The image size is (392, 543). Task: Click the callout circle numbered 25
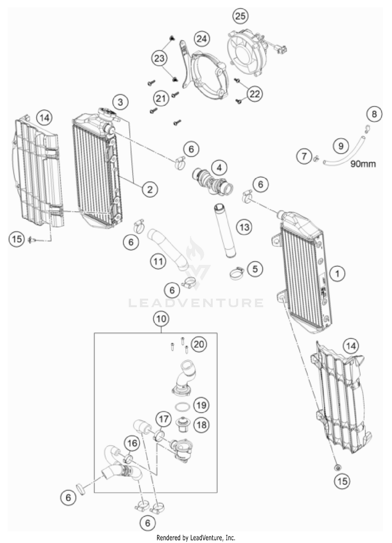pos(240,16)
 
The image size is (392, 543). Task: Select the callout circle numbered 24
pos(202,39)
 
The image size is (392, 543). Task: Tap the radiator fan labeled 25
pos(244,53)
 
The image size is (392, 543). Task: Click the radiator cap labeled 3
pos(107,113)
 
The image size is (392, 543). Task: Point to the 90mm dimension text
pos(363,164)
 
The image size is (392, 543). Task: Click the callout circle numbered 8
pos(374,114)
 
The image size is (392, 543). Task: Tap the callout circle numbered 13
pos(244,227)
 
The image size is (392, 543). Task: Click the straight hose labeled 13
pos(225,230)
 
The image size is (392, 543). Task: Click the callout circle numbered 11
pos(158,261)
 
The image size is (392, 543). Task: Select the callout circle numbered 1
pos(337,274)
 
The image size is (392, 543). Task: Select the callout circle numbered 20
pos(199,344)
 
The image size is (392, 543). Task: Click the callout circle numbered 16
pos(132,443)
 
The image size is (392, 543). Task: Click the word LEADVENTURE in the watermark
pos(196,303)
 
